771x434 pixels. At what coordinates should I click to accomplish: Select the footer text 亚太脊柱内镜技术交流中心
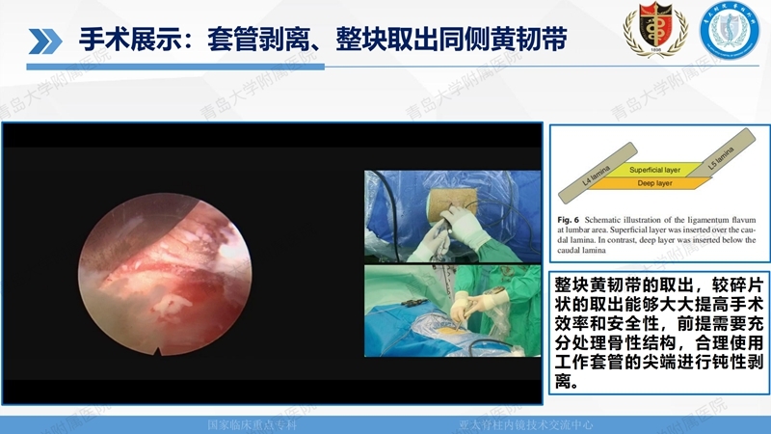(x=525, y=425)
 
